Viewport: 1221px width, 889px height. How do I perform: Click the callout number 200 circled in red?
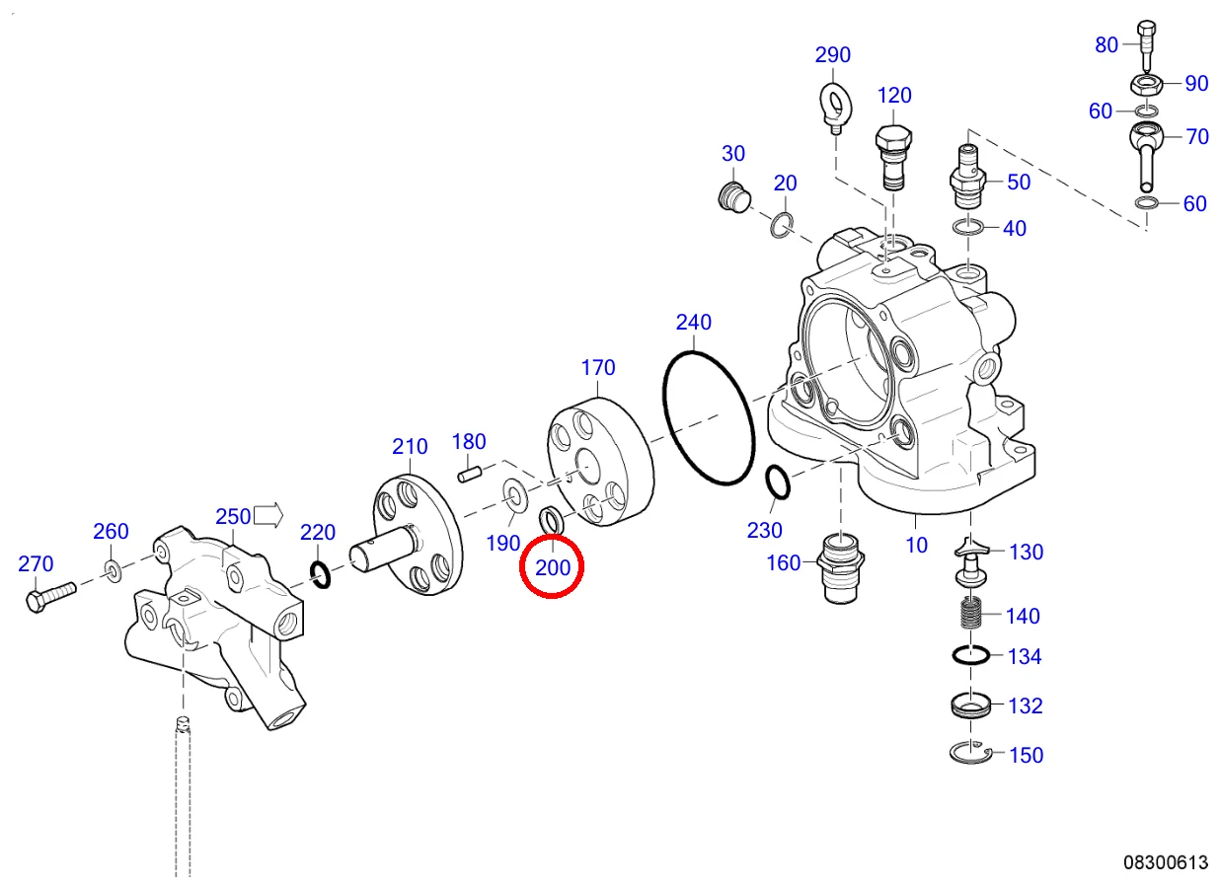(x=553, y=567)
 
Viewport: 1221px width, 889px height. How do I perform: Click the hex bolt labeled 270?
(x=47, y=596)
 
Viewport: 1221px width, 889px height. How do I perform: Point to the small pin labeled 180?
(x=471, y=472)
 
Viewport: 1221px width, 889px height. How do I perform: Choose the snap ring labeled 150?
(x=970, y=754)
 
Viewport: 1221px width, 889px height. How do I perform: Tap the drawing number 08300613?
(x=1165, y=862)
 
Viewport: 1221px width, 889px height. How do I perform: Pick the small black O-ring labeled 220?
(x=320, y=572)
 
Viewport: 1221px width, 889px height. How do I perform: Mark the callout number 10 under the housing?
(x=917, y=545)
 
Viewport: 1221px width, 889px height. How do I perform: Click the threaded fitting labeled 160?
(x=839, y=571)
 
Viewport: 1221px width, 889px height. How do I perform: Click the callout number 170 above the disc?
(x=598, y=368)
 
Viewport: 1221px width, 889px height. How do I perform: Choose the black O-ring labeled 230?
(x=777, y=483)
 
